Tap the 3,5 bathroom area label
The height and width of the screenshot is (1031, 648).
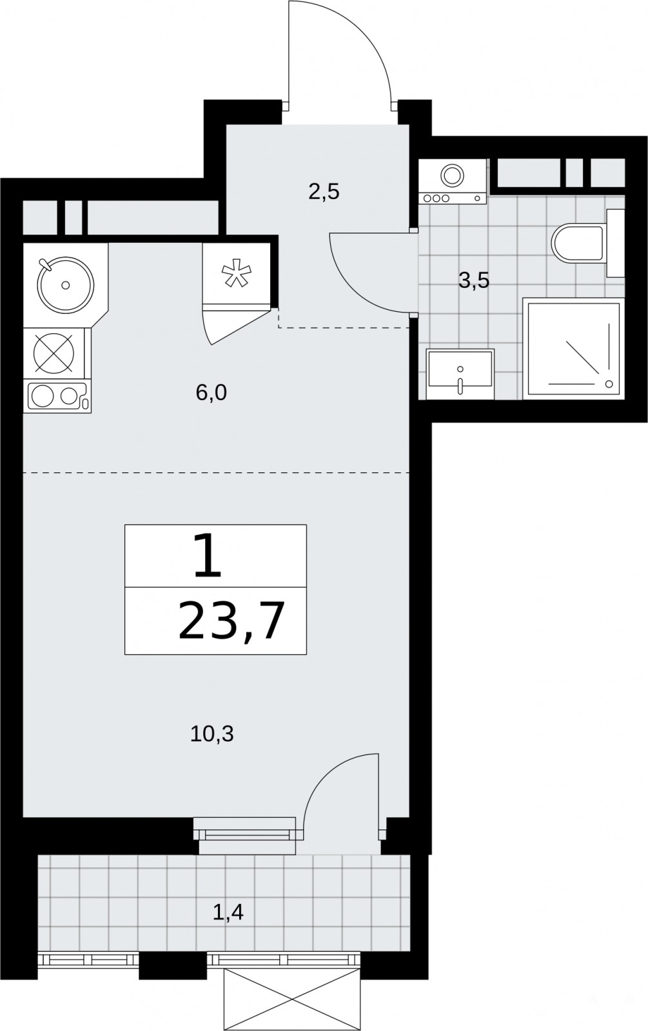tap(474, 280)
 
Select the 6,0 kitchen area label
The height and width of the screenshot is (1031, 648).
tap(211, 393)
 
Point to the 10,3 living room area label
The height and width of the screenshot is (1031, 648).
tap(212, 734)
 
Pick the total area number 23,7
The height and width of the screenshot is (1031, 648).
tap(230, 621)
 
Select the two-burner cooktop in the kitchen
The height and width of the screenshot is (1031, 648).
tap(58, 396)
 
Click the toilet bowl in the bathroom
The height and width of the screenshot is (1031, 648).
tap(578, 244)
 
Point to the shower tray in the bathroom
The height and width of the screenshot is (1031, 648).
tap(574, 349)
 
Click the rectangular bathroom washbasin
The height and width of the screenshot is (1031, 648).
tap(460, 374)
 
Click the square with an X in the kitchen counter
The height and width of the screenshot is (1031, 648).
tap(54, 353)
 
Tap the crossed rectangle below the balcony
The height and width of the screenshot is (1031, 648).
tap(291, 996)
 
